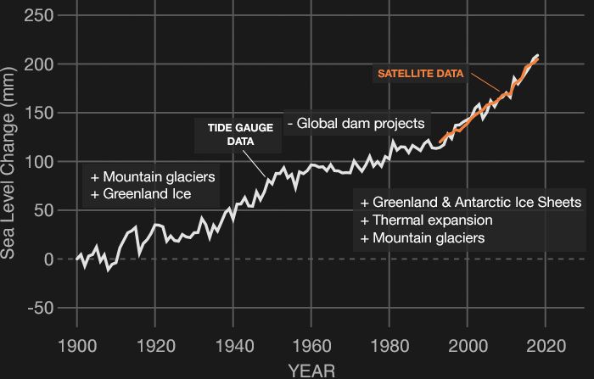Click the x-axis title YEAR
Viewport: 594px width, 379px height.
coord(311,370)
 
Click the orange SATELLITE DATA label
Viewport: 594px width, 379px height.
coord(421,74)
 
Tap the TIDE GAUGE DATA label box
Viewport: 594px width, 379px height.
coord(240,135)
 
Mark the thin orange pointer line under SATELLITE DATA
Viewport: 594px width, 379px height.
coord(486,83)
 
